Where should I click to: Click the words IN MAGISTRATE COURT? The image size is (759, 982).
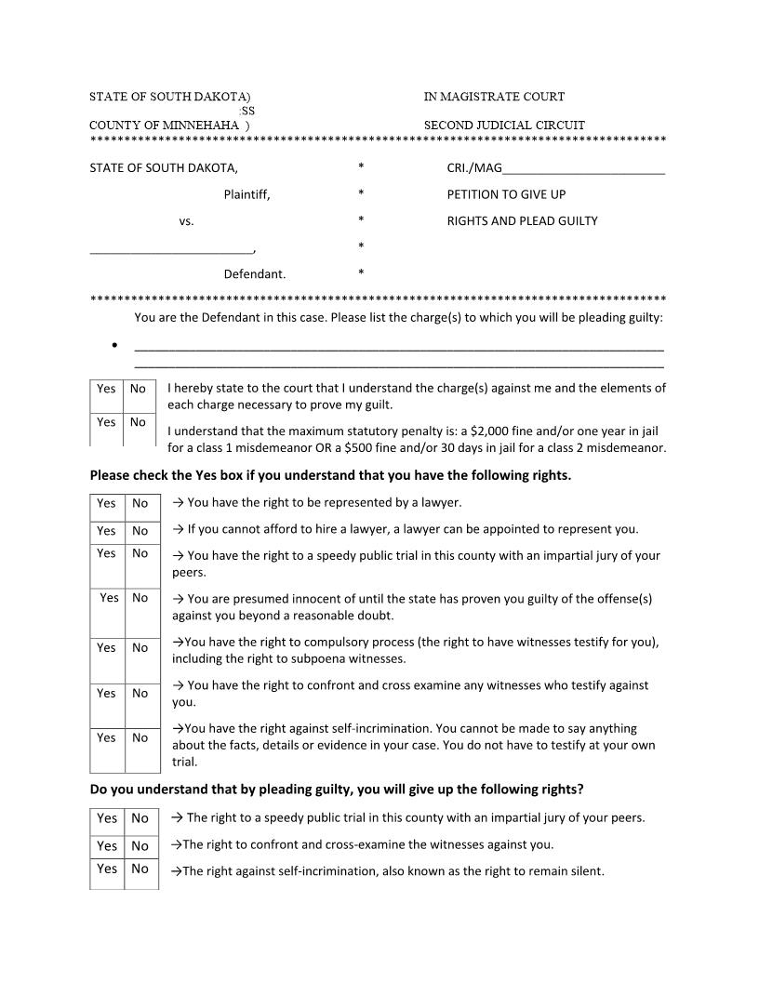494,97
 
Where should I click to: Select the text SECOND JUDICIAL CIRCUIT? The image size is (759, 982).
504,126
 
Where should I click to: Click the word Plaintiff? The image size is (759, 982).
246,194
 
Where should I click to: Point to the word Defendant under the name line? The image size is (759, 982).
254,274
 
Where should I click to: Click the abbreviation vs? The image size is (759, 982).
186,221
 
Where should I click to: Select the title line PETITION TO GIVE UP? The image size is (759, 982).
506,194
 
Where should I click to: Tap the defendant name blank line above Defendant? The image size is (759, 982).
171,249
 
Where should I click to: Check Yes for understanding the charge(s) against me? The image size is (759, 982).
106,389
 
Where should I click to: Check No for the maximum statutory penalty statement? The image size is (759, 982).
138,422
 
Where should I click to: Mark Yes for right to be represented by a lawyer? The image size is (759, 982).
107,503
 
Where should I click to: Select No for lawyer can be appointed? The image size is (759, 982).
140,531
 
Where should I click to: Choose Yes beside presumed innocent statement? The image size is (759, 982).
110,598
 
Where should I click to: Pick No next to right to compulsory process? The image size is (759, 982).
140,647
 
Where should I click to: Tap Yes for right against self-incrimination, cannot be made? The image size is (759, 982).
107,737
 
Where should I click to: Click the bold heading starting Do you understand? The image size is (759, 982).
337,790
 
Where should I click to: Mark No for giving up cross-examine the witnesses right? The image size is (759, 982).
140,845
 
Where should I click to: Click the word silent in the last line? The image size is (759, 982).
584,871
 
